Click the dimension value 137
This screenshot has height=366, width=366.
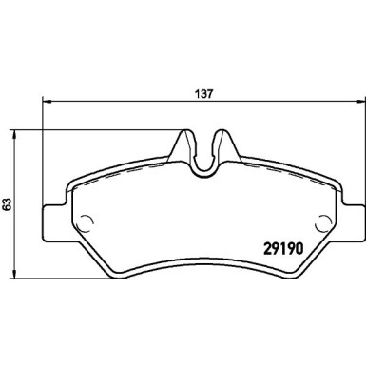coord(202,94)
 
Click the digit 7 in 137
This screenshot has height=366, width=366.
coord(209,94)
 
